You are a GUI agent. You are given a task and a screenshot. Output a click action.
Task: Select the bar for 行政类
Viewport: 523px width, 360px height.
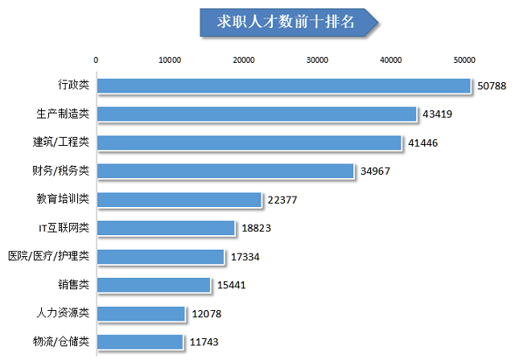tap(283, 85)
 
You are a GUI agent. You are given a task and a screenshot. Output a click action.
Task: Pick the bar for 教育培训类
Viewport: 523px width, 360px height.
tap(179, 200)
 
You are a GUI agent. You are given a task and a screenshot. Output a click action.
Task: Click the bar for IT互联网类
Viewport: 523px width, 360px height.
tap(165, 228)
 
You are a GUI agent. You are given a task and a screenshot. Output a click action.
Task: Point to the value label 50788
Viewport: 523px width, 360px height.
tap(491, 86)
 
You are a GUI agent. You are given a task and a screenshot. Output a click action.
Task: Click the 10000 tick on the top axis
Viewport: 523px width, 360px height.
tap(170, 60)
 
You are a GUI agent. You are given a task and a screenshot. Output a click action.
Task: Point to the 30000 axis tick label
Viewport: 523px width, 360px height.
tap(318, 60)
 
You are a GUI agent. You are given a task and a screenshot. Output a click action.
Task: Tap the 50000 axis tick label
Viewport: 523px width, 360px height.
tap(465, 60)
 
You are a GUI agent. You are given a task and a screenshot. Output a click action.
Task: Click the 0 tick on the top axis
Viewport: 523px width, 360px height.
tap(97, 60)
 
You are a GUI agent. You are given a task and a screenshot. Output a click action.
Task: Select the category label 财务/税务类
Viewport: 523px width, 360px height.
tap(60, 171)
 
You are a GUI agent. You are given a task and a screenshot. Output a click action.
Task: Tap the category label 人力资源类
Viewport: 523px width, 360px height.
tap(65, 312)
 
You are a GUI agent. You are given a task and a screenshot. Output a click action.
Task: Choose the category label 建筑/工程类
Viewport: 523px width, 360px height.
tap(60, 143)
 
